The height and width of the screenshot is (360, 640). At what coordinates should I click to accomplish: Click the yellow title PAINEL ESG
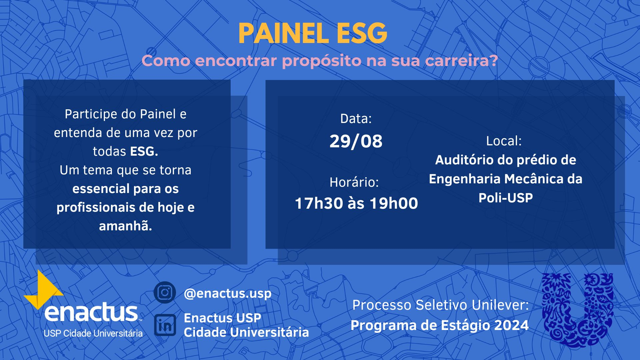pyautogui.click(x=313, y=34)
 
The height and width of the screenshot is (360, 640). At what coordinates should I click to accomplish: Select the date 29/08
pyautogui.click(x=356, y=141)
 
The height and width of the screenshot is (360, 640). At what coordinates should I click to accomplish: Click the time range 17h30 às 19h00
pyautogui.click(x=356, y=203)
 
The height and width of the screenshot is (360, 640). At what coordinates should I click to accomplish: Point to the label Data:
pyautogui.click(x=356, y=119)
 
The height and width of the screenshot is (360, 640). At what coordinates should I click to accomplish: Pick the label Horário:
pyautogui.click(x=354, y=182)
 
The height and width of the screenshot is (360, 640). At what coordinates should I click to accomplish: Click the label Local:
pyautogui.click(x=504, y=141)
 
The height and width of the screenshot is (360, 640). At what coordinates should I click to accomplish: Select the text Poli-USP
pyautogui.click(x=506, y=198)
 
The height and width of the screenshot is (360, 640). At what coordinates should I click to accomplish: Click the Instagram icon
pyautogui.click(x=165, y=292)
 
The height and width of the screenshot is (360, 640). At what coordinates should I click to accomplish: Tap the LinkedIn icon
pyautogui.click(x=165, y=325)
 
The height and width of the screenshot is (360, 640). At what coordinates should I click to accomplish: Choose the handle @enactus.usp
pyautogui.click(x=227, y=293)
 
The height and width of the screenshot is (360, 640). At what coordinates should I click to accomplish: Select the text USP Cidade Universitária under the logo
pyautogui.click(x=93, y=333)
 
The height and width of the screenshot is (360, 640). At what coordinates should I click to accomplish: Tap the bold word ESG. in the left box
pyautogui.click(x=144, y=151)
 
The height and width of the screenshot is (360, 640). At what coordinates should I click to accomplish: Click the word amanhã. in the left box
pyautogui.click(x=125, y=226)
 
